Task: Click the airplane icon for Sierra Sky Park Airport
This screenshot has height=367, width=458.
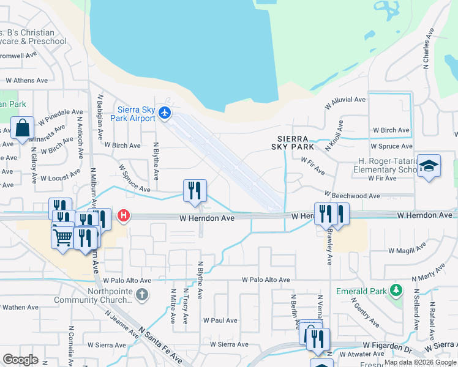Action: [164, 113]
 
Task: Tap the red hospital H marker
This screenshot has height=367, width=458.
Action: [124, 215]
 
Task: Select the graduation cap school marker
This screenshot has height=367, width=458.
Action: [429, 166]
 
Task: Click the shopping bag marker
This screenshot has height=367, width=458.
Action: [22, 129]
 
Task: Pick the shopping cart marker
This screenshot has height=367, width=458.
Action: [62, 237]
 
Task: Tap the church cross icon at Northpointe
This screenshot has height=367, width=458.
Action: [142, 295]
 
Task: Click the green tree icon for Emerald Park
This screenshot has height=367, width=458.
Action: [396, 289]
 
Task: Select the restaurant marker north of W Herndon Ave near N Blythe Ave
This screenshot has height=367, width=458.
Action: [195, 190]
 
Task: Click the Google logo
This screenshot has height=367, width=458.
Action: [20, 359]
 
